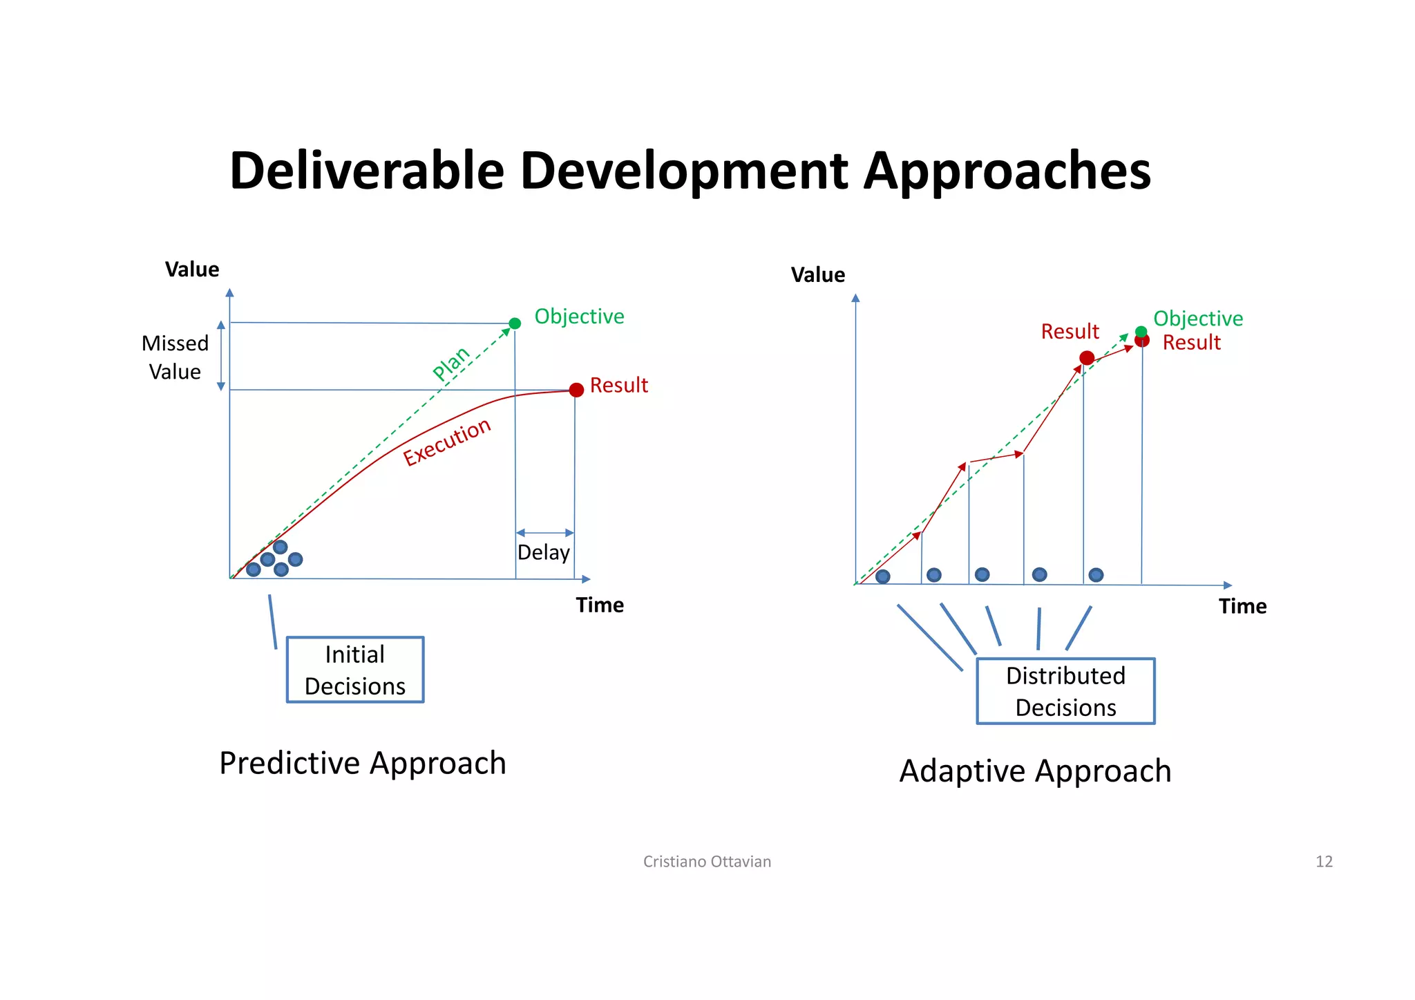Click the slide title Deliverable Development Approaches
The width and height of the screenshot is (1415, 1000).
tap(690, 171)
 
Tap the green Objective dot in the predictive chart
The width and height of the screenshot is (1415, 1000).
tap(515, 323)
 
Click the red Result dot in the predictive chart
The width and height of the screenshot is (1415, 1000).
tap(576, 390)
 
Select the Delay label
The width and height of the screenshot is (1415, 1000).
tap(543, 553)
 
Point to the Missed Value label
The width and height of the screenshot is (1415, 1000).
tap(175, 357)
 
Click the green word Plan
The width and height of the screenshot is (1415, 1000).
tap(450, 364)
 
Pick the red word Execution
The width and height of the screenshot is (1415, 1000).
tap(447, 442)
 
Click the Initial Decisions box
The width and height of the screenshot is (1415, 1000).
tap(355, 670)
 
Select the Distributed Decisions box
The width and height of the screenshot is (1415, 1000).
tap(1065, 691)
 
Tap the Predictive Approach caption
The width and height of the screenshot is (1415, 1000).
tap(363, 764)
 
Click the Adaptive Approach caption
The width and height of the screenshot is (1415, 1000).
tap(1035, 771)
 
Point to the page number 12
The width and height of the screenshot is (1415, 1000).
tap(1324, 861)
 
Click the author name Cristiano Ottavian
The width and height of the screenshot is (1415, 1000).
tap(707, 861)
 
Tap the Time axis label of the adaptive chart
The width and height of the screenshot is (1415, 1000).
tap(1242, 606)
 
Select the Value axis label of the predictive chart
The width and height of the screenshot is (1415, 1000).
tap(192, 270)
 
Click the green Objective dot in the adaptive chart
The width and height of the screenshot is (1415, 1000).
tap(1141, 332)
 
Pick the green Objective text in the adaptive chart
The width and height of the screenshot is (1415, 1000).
tap(1198, 319)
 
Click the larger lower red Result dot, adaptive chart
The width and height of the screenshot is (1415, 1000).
tap(1087, 358)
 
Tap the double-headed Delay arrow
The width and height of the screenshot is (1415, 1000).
tap(544, 533)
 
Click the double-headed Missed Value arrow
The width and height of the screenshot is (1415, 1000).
tap(221, 356)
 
